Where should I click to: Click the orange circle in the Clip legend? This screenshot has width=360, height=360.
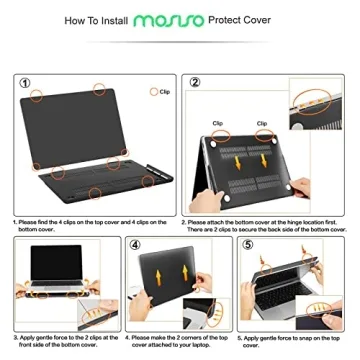click(153, 90)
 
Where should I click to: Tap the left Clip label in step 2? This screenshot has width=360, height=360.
click(217, 124)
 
